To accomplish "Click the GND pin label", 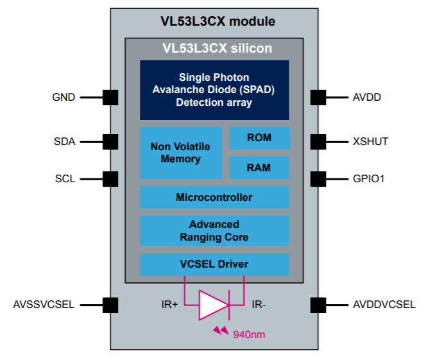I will click(64, 98).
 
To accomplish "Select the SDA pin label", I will click(64, 141).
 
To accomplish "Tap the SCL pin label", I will click(64, 178).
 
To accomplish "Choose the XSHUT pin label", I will click(370, 141).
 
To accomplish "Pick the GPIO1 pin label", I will click(368, 178).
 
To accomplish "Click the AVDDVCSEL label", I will click(384, 304).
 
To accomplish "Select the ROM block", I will click(259, 138).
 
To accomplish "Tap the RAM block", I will click(259, 167).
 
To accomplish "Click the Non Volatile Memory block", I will click(180, 153).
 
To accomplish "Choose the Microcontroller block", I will click(214, 197).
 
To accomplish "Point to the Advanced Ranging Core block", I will click(214, 230).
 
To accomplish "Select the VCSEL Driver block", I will click(214, 264).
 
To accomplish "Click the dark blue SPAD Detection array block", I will click(214, 90).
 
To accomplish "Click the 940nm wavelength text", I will click(248, 334).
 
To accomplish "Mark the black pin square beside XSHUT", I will click(318, 141).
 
